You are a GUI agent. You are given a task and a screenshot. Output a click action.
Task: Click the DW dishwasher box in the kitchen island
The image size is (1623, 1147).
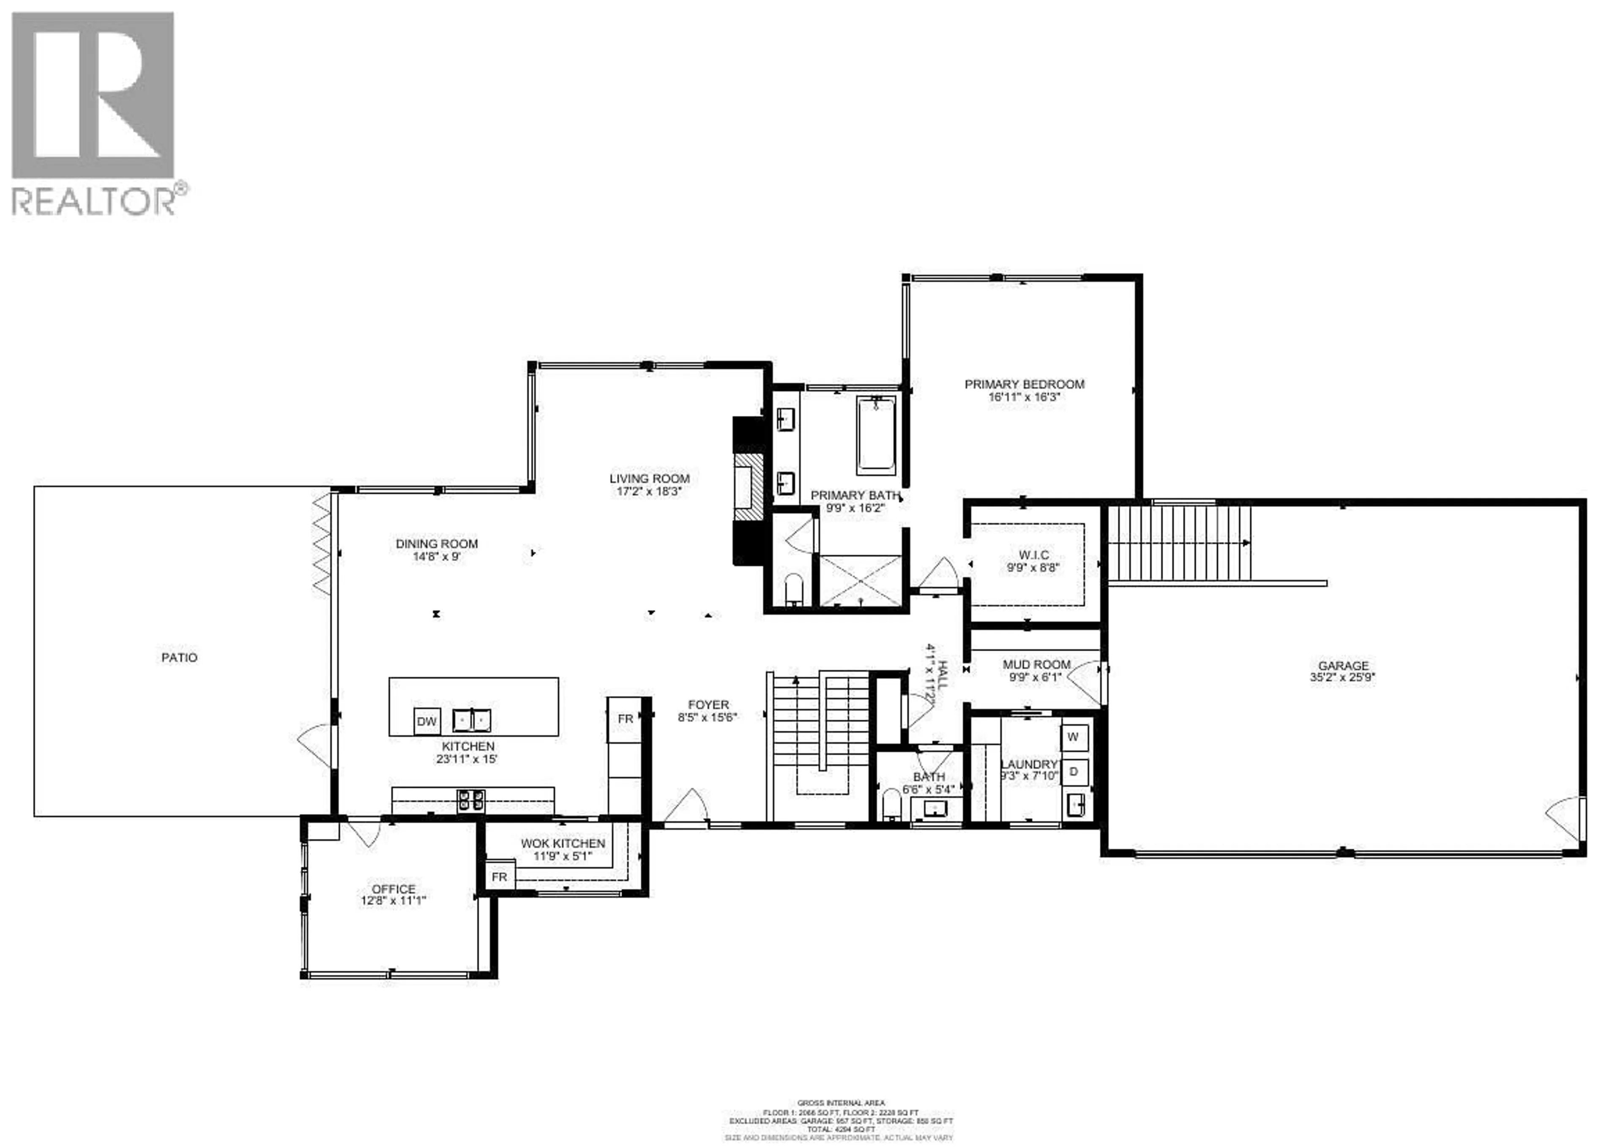click(x=426, y=721)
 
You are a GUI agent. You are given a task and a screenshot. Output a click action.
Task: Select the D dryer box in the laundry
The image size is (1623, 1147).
click(x=1073, y=772)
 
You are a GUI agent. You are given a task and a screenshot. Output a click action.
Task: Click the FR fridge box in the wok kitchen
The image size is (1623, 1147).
click(x=500, y=877)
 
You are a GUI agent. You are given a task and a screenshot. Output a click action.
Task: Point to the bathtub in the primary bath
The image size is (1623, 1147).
click(x=876, y=435)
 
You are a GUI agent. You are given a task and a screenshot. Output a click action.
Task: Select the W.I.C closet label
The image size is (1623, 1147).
click(x=1033, y=555)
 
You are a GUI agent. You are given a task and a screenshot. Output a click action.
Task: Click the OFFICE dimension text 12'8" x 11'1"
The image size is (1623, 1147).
click(x=394, y=901)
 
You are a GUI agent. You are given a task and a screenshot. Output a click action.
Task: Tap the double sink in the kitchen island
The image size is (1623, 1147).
click(x=472, y=720)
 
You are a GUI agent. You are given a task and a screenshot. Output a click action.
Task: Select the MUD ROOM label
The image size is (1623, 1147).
click(x=1036, y=664)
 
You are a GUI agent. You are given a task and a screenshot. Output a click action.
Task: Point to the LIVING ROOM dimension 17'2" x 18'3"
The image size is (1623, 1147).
click(x=649, y=491)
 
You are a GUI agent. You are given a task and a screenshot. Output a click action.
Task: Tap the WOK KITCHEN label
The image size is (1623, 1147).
click(x=563, y=843)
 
